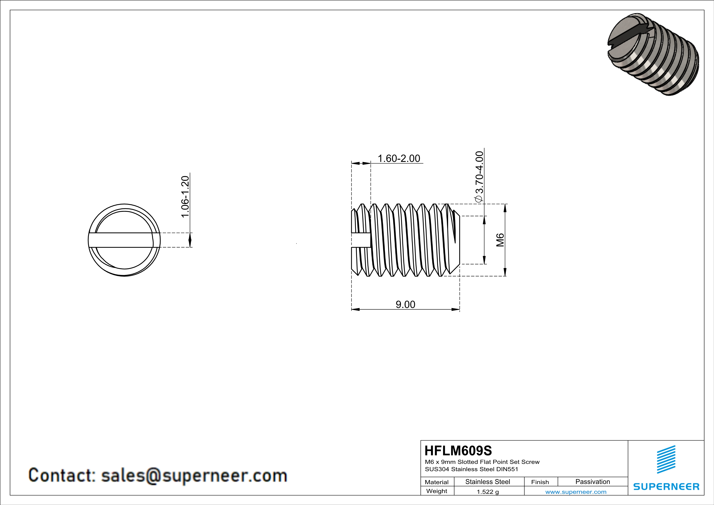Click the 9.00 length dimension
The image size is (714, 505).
tap(405, 304)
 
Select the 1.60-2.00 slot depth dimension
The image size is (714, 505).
tap(399, 159)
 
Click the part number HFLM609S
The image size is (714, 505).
tap(458, 451)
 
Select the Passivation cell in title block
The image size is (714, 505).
tap(592, 482)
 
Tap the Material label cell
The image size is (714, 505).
tap(437, 482)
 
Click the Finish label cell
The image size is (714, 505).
tap(540, 482)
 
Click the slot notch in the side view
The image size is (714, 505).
tap(361, 240)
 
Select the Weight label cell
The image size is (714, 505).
tap(437, 491)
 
